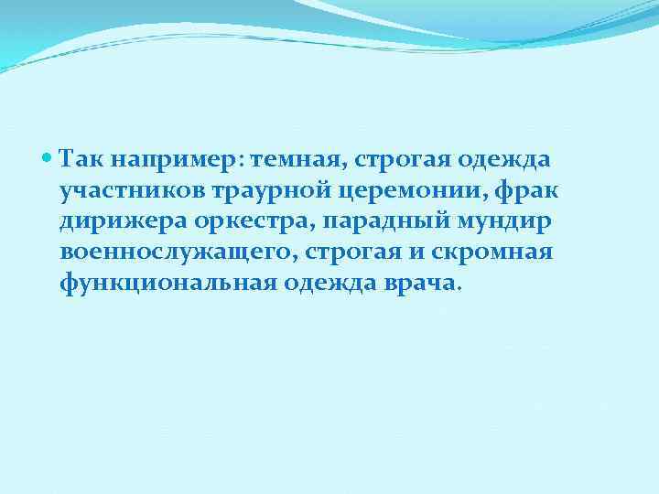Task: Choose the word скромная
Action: point(494,252)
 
